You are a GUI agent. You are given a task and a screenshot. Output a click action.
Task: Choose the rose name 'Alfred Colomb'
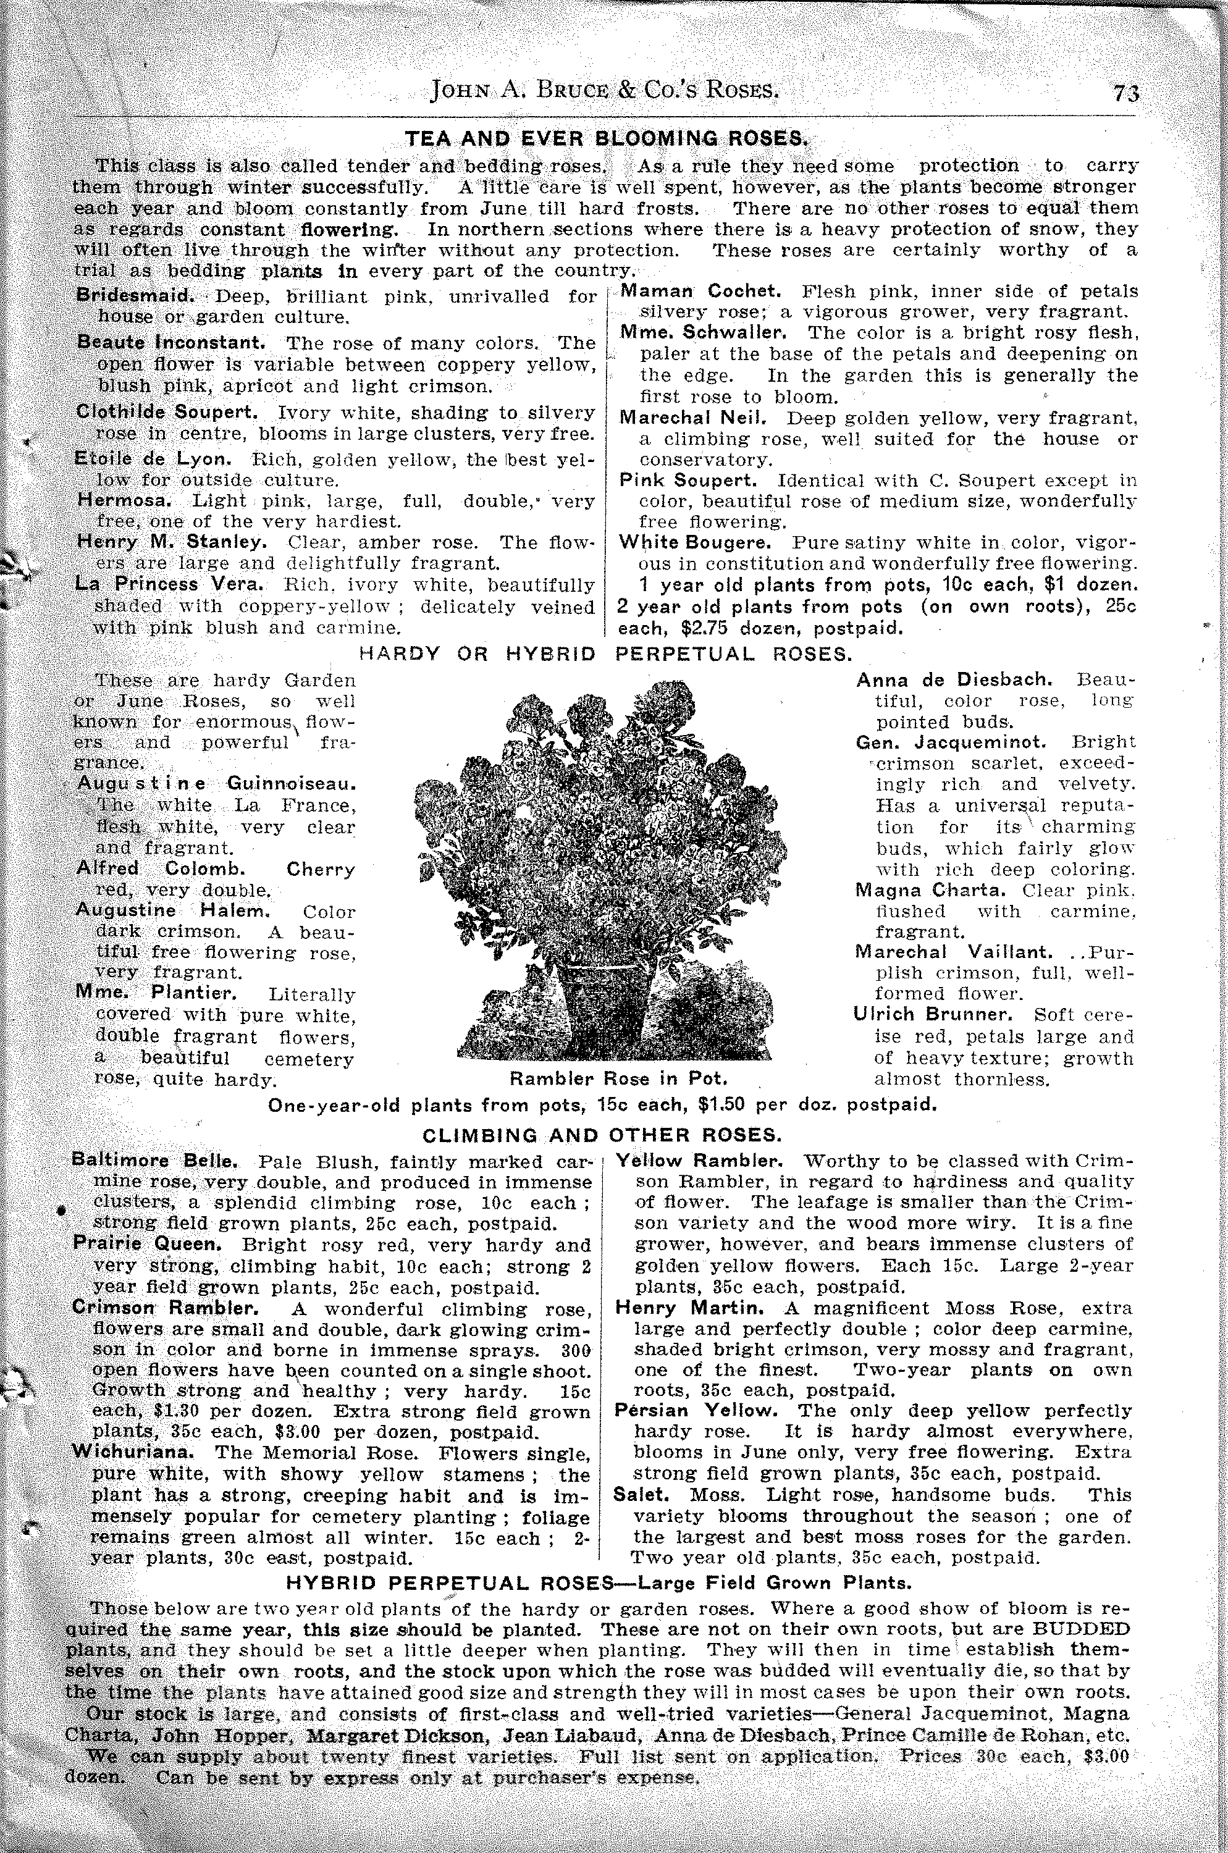coord(161,868)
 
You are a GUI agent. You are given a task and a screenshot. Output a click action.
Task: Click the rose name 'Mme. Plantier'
coord(157,993)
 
